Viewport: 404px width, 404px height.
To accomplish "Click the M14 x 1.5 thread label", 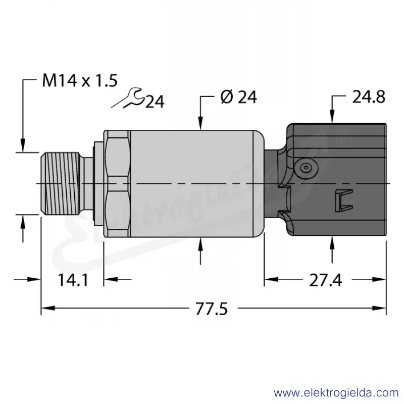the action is pos(80,80).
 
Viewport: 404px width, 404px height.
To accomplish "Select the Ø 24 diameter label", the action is pos(238,97).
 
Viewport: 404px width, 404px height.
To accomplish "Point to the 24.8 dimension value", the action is pos(369,97).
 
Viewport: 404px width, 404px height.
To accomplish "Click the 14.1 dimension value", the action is pos(73,280).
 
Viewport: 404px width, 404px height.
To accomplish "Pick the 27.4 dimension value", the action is pos(325,280).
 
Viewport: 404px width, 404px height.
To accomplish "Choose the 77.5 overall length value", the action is pos(212,309).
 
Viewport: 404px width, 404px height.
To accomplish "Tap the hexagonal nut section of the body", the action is pos(117,183).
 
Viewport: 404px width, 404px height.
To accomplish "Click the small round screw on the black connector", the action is pos(306,168).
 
